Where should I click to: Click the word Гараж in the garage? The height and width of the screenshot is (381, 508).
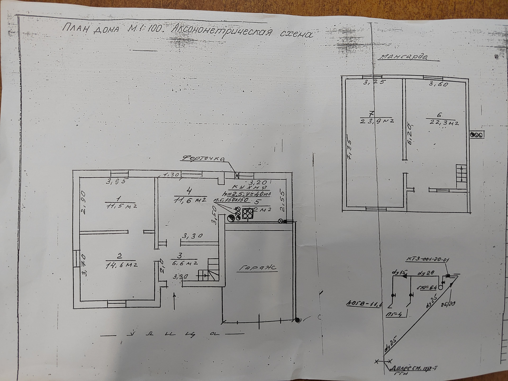coord(258,268)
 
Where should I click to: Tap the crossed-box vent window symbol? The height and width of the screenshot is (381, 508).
coord(237,175)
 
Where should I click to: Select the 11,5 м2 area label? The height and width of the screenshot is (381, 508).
coord(122,206)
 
